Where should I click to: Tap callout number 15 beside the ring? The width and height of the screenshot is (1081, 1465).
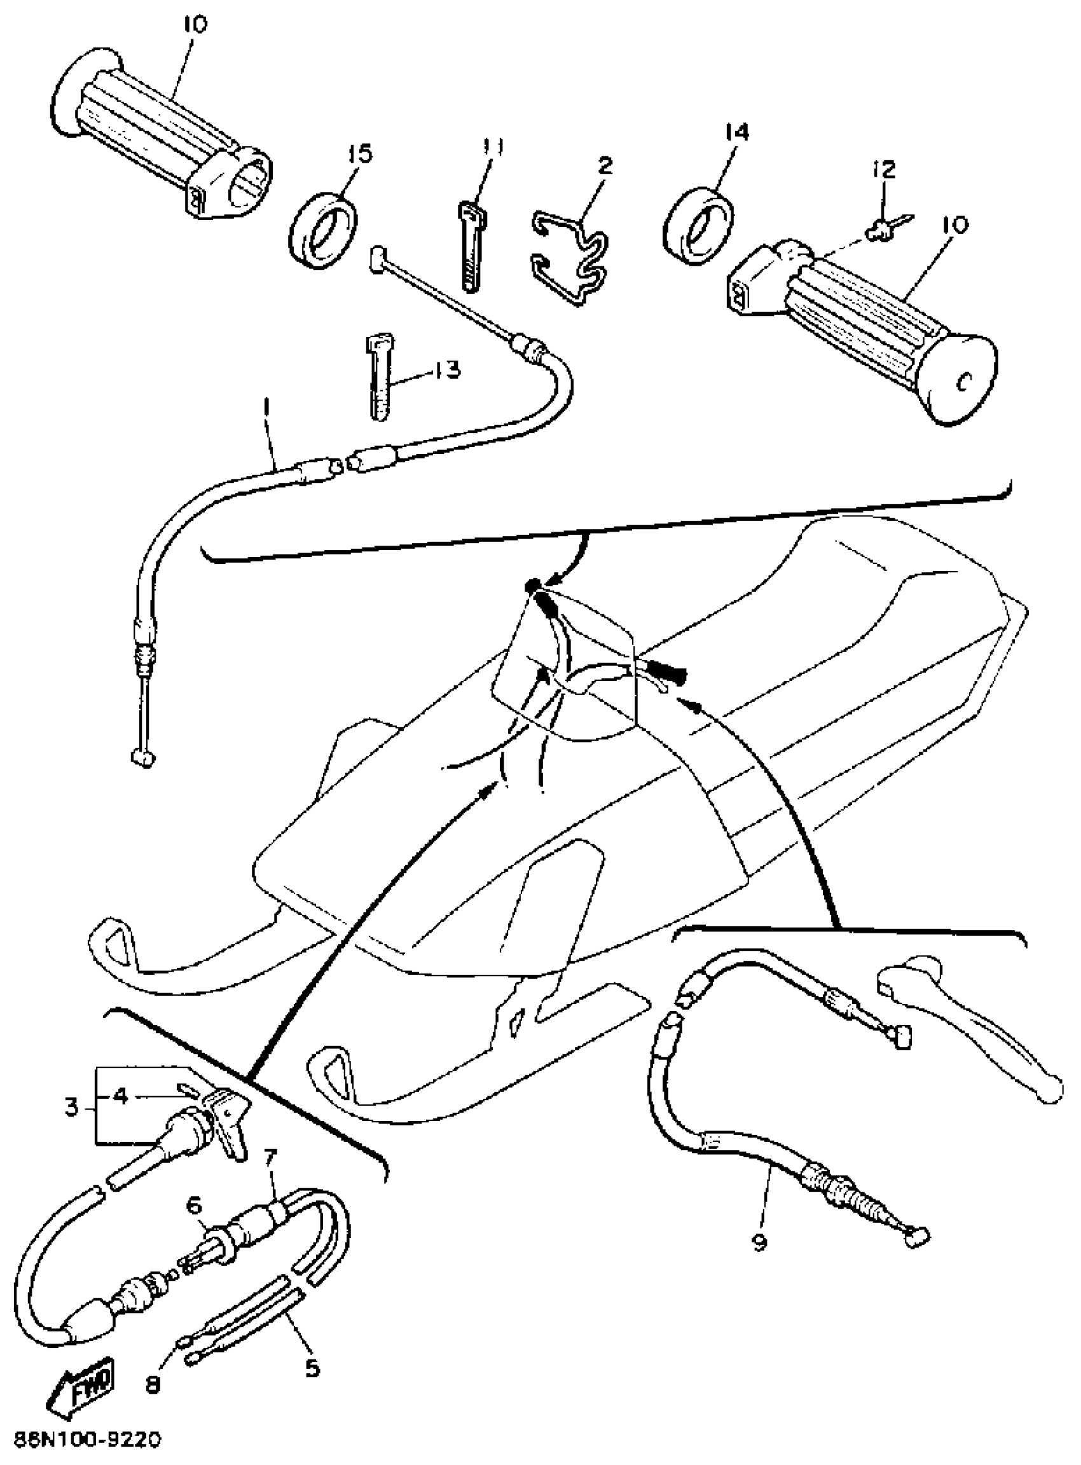[x=359, y=155]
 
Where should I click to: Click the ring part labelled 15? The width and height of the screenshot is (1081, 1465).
[x=322, y=230]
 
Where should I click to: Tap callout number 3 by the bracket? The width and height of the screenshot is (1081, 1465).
[x=72, y=1107]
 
